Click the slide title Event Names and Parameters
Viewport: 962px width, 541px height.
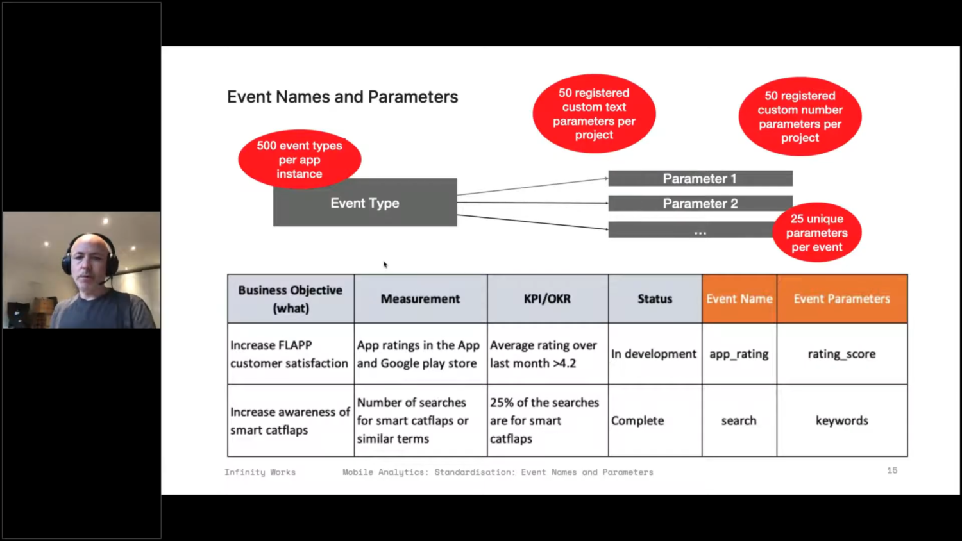click(342, 97)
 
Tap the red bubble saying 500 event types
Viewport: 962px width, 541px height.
click(300, 159)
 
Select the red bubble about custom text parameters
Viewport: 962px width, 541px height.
click(594, 114)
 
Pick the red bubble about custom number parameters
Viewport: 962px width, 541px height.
click(800, 117)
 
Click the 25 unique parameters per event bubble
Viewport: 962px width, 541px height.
click(816, 233)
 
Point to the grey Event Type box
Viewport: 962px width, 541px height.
click(365, 203)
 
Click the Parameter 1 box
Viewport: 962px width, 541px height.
click(700, 178)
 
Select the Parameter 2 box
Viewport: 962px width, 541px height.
click(700, 203)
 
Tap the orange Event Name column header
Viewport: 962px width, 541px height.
click(739, 299)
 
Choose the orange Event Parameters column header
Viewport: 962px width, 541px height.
click(841, 299)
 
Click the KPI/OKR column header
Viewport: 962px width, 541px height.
click(548, 299)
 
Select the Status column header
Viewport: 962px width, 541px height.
click(655, 299)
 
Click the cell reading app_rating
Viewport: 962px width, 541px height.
click(739, 354)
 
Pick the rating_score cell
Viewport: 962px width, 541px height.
click(841, 354)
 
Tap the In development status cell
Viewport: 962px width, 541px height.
click(655, 354)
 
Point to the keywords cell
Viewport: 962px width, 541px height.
click(841, 420)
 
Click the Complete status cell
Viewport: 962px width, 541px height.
click(655, 420)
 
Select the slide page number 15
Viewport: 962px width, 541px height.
click(892, 470)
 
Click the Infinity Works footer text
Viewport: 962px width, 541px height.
click(260, 472)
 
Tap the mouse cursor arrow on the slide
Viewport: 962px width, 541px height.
click(385, 265)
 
